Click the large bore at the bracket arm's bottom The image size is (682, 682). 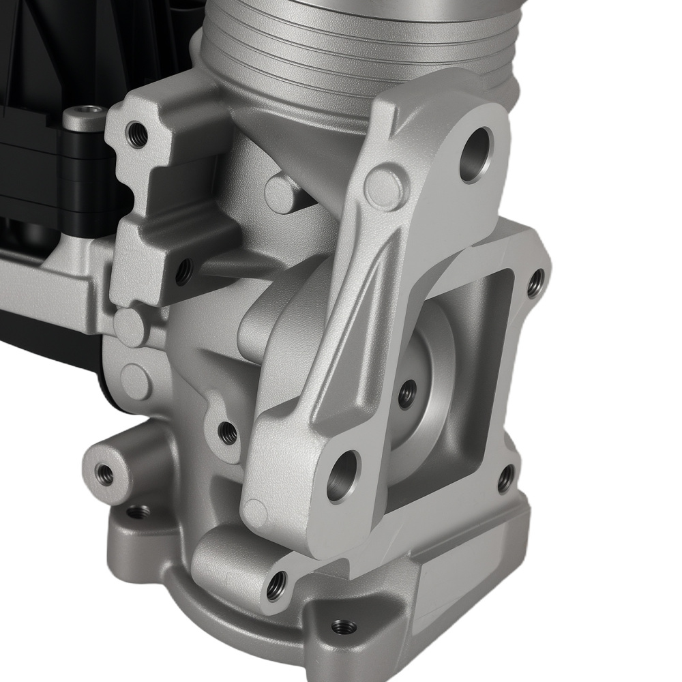point(343,476)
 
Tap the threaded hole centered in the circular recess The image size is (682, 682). point(407,394)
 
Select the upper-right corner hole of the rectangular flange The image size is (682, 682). point(536,282)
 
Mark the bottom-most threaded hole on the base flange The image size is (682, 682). point(342,625)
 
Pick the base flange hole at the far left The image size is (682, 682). point(138,511)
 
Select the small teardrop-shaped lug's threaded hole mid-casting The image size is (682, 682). point(228,432)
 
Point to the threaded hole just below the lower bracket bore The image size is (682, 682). point(276,586)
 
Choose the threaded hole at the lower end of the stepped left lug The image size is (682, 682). point(183,273)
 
